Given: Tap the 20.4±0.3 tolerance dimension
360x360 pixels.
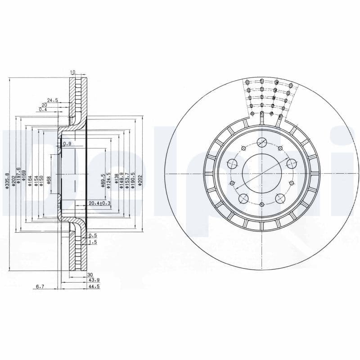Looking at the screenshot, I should [100, 203].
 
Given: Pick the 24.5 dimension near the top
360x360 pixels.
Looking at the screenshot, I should [53, 100].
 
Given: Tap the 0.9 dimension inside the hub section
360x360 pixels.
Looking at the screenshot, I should [67, 144].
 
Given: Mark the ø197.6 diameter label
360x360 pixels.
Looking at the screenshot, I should [18, 177].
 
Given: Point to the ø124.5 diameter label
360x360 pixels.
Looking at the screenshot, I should [109, 180].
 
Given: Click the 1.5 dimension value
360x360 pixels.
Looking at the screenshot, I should [93, 242].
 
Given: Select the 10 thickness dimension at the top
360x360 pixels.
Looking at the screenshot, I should [72, 72].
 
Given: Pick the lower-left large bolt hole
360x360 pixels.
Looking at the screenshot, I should [244, 198].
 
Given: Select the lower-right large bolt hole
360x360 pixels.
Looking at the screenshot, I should [279, 198].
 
